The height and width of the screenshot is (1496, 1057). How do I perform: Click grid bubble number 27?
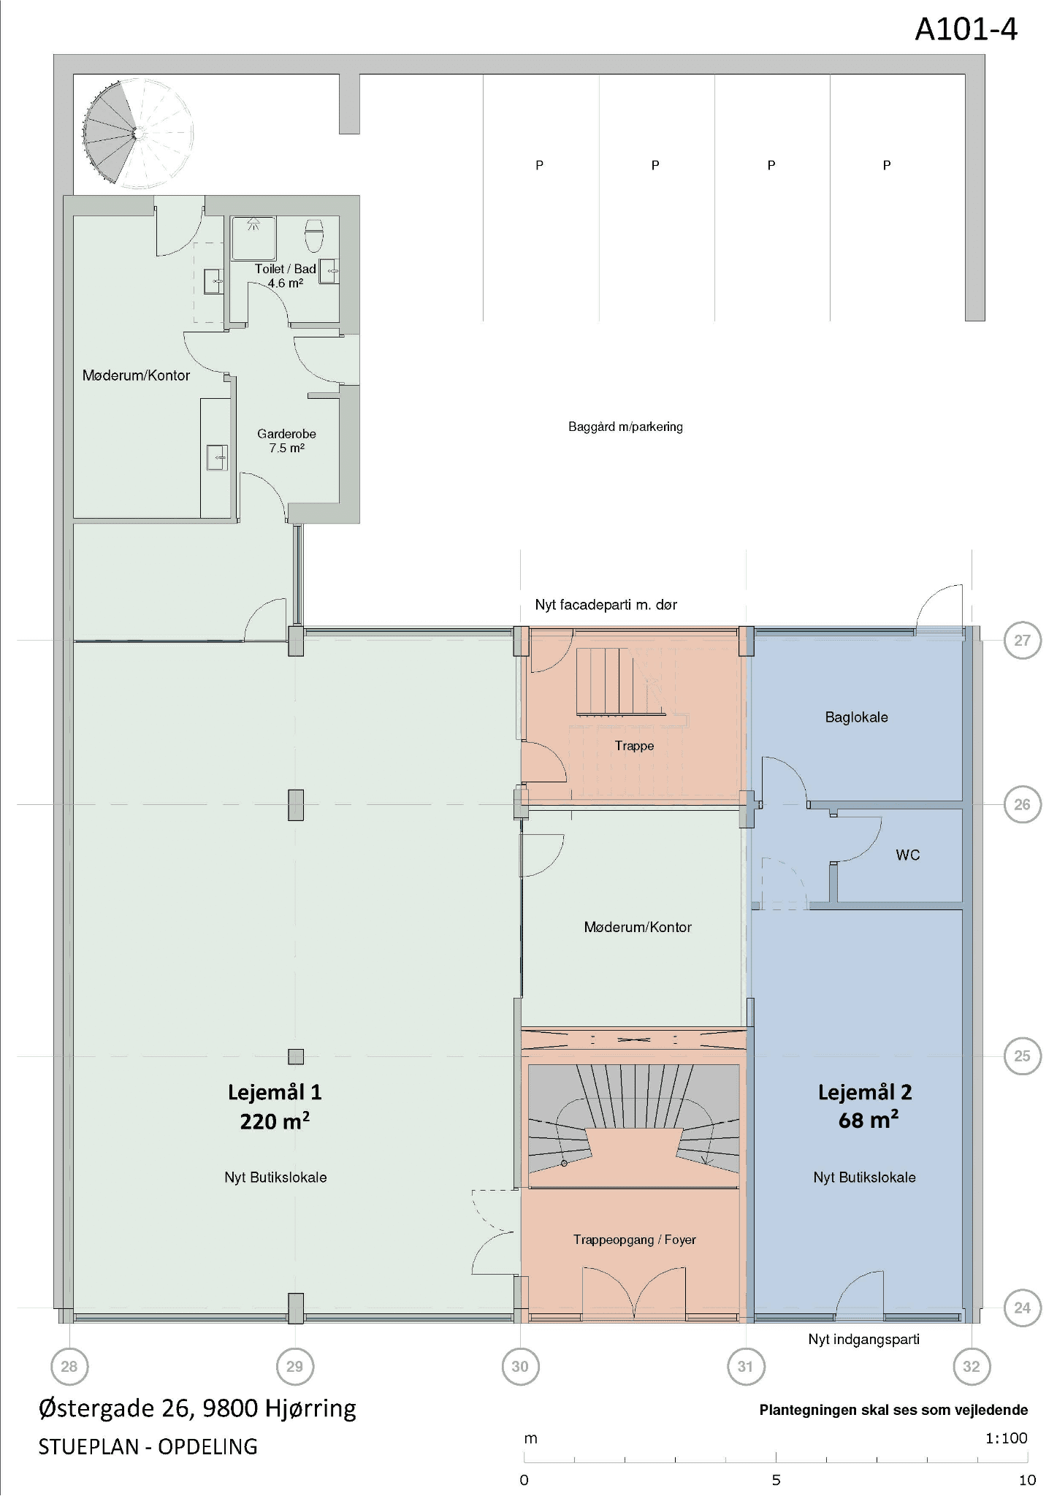[x=1022, y=641]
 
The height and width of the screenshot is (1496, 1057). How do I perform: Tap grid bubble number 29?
[x=295, y=1366]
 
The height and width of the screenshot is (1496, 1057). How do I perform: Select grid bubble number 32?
[x=972, y=1366]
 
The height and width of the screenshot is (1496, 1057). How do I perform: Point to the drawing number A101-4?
[x=966, y=30]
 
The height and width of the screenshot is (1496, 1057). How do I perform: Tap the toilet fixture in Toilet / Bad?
[x=314, y=235]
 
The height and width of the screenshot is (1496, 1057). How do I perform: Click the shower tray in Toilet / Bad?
[x=253, y=238]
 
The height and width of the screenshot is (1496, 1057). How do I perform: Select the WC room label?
[x=908, y=855]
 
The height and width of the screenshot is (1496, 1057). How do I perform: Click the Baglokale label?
[x=857, y=717]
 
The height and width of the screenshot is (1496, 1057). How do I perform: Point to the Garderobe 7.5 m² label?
[x=286, y=440]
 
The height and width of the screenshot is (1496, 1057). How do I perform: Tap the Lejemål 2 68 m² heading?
[x=865, y=1106]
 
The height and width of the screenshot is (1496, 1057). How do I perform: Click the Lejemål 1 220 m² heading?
[x=275, y=1106]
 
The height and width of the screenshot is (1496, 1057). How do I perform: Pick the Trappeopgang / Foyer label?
[x=635, y=1240]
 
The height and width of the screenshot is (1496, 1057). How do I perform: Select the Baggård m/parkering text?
[x=626, y=427]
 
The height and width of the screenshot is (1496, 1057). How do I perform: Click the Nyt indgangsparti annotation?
[x=864, y=1339]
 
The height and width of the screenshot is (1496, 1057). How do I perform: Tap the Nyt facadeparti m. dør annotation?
[x=606, y=605]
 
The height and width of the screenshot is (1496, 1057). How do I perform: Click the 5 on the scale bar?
[x=776, y=1480]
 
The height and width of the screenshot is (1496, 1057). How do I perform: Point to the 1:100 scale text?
[x=1007, y=1438]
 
